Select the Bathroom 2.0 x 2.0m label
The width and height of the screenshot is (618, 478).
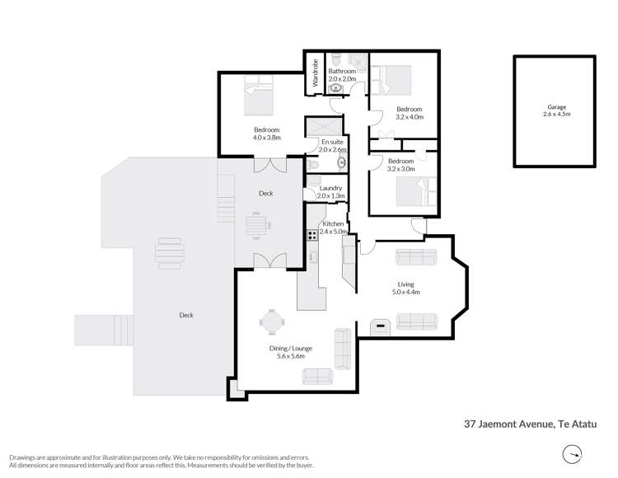click(x=342, y=76)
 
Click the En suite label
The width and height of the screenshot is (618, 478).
click(x=331, y=146)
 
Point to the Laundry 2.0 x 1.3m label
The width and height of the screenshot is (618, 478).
click(x=330, y=192)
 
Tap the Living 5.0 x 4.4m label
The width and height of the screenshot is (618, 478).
click(x=405, y=288)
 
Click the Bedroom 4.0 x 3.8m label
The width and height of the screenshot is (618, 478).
click(x=266, y=134)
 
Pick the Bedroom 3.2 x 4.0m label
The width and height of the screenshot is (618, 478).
click(x=409, y=113)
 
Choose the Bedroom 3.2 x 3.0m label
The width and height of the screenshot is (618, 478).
click(x=400, y=165)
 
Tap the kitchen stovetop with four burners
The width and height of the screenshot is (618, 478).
click(x=313, y=235)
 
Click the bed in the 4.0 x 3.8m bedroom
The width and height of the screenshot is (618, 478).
click(x=260, y=95)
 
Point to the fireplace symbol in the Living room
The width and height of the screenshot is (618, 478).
click(x=380, y=326)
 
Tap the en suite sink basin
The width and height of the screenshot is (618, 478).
click(x=342, y=163)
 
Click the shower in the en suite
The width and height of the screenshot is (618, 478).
click(x=323, y=128)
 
